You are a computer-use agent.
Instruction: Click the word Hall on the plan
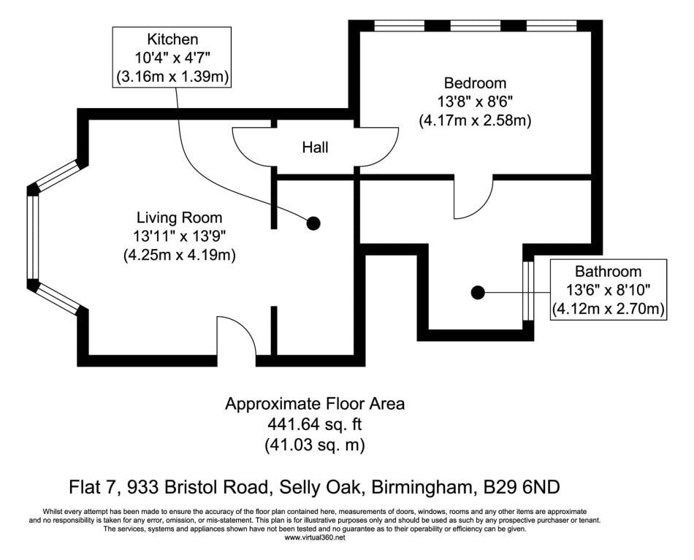[x=315, y=147]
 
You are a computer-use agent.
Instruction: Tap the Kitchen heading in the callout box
[x=172, y=39]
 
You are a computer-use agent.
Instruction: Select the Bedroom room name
[x=475, y=83]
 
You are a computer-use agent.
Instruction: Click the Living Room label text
[x=179, y=218]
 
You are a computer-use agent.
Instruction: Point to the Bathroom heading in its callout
[x=608, y=271]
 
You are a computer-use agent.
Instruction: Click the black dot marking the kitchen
[x=313, y=224]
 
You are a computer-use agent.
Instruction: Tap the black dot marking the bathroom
[x=478, y=292]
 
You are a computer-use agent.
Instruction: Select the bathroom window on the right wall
[x=528, y=291]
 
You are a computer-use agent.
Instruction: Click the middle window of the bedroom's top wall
[x=476, y=26]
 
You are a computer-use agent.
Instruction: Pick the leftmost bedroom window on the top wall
[x=399, y=26]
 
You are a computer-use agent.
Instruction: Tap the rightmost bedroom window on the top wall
[x=552, y=26]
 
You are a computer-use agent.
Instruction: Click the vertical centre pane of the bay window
[x=33, y=237]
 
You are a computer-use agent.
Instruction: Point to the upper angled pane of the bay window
[x=57, y=175]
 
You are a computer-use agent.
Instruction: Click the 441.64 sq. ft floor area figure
[x=315, y=425]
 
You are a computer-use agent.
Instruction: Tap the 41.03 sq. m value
[x=315, y=445]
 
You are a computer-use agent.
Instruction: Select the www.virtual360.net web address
[x=315, y=538]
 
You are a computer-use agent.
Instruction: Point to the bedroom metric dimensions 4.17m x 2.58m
[x=475, y=120]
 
